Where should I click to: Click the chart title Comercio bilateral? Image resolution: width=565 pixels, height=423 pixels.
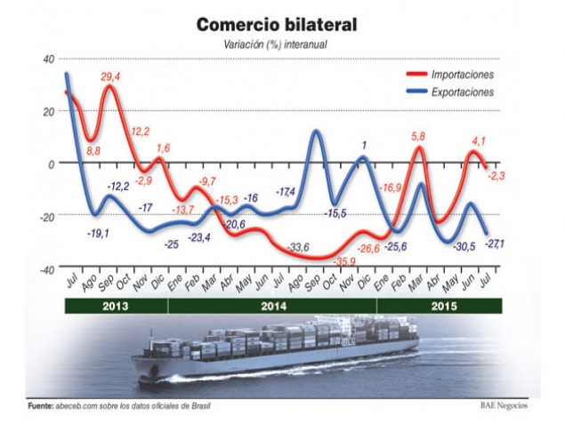(282, 24)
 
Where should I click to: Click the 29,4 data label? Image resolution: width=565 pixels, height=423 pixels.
(111, 77)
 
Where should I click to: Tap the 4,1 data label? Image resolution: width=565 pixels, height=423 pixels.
(478, 140)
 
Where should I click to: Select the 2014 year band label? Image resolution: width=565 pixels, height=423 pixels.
(272, 306)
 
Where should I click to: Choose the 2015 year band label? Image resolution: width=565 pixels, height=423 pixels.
(439, 306)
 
